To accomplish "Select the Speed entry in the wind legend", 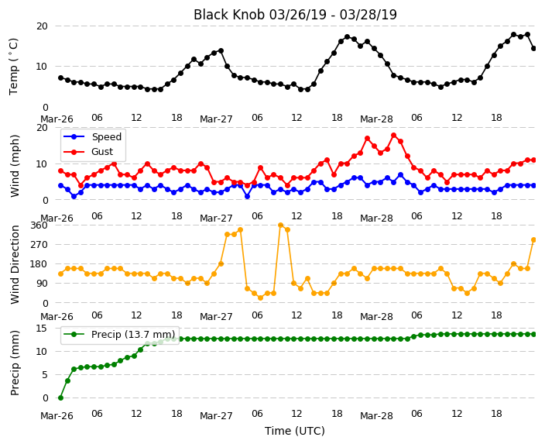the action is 93,136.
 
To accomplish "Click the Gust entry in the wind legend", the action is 88,152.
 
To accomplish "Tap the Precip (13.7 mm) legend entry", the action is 119,335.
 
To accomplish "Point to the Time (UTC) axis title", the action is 295,431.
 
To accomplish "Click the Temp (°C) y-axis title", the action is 13,67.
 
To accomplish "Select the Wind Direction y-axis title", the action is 15,265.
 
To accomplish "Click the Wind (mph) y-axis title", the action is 15,167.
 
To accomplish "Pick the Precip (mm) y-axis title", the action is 15,363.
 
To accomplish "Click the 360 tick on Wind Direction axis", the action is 39,225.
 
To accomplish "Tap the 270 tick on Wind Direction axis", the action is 39,245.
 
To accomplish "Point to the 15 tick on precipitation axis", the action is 42,328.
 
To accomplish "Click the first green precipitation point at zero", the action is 61,398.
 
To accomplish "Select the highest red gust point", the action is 394,136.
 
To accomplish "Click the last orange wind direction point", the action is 534,239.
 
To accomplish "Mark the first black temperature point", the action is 61,78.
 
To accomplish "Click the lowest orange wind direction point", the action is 261,298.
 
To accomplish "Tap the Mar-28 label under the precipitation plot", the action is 376,416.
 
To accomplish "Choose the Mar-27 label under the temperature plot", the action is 216,119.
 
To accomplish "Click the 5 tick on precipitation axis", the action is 45,375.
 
